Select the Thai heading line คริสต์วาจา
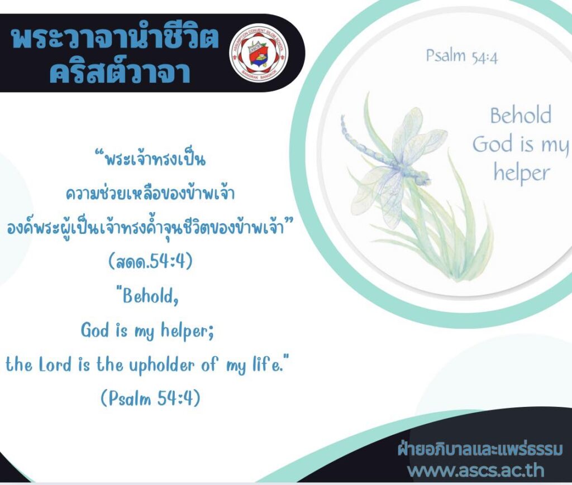coord(120,70)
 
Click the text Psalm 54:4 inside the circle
coord(461,56)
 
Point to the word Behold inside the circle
coord(521,116)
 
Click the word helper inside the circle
coord(522,173)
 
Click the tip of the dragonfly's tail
coord(342,117)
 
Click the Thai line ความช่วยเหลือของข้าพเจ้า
coord(150,193)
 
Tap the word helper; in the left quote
coord(187,330)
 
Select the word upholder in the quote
coord(161,366)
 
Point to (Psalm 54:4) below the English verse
coord(150,397)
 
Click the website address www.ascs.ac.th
coord(475,470)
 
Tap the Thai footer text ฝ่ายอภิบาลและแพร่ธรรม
coord(480,449)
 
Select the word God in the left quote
coord(95,330)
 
